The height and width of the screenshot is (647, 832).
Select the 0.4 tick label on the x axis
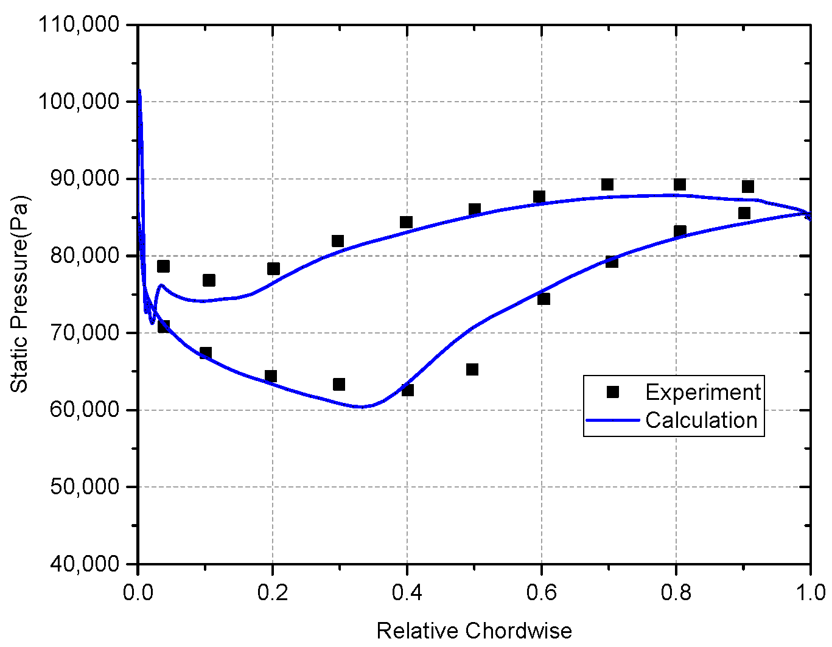click(x=407, y=592)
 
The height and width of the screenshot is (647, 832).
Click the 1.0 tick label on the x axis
click(x=810, y=592)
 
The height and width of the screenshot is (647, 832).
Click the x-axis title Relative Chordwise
click(x=474, y=631)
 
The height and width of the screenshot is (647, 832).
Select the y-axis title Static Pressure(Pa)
click(x=19, y=294)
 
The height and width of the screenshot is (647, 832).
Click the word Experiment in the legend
click(x=703, y=393)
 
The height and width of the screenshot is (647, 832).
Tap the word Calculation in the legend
click(x=701, y=421)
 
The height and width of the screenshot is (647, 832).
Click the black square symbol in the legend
click(x=613, y=393)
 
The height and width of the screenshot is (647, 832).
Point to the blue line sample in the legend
click(x=613, y=421)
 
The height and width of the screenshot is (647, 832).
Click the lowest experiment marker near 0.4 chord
click(x=407, y=390)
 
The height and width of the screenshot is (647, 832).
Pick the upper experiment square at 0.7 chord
click(x=607, y=184)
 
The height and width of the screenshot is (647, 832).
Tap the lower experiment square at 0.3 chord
click(x=339, y=384)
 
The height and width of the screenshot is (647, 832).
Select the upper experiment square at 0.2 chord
click(x=273, y=268)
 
